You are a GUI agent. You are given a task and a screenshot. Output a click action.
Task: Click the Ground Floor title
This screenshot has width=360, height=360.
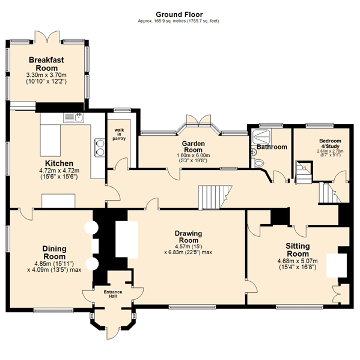pyautogui.click(x=179, y=14)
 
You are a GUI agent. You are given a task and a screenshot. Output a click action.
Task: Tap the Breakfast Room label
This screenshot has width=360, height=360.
pyautogui.click(x=46, y=64)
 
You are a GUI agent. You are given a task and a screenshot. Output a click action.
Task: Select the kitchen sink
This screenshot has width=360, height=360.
pyautogui.click(x=74, y=118)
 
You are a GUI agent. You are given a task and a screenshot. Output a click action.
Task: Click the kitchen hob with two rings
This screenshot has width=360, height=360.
pyautogui.click(x=100, y=148)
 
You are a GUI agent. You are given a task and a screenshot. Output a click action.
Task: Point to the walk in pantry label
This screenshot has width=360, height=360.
pyautogui.click(x=119, y=134)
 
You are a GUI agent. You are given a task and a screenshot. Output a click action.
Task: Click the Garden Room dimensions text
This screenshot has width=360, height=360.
pyautogui.click(x=193, y=157)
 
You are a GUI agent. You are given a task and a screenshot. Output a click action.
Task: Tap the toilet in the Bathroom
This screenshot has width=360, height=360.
pyautogui.click(x=258, y=163)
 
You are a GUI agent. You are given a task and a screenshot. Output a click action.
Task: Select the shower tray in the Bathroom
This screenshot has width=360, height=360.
pyautogui.click(x=261, y=137)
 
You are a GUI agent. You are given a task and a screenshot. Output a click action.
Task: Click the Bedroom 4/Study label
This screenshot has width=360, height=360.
pyautogui.click(x=330, y=143)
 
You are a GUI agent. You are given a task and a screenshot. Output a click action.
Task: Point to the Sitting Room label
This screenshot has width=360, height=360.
pyautogui.click(x=297, y=250)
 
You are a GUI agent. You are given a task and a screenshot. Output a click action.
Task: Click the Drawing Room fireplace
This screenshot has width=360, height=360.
pyautogui.click(x=127, y=239)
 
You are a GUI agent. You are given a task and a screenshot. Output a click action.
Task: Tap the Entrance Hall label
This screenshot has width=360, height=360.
pyautogui.click(x=113, y=294)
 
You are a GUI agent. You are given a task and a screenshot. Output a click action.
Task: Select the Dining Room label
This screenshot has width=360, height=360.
pyautogui.click(x=55, y=252)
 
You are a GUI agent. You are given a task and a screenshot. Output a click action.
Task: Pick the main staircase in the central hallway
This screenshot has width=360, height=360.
pyautogui.click(x=215, y=198)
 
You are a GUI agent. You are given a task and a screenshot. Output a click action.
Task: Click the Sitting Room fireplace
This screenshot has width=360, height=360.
pyautogui.click(x=337, y=265)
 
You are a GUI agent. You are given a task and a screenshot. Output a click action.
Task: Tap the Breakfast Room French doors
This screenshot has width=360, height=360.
pyautogui.click(x=47, y=37)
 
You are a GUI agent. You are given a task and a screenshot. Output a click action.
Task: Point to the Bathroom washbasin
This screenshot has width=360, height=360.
pyautogui.click(x=254, y=152)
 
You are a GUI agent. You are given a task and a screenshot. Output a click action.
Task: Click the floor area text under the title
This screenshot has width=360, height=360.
pyautogui.click(x=178, y=21)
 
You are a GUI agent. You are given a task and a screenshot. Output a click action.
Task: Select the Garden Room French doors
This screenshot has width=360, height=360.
pyautogui.click(x=198, y=120)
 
